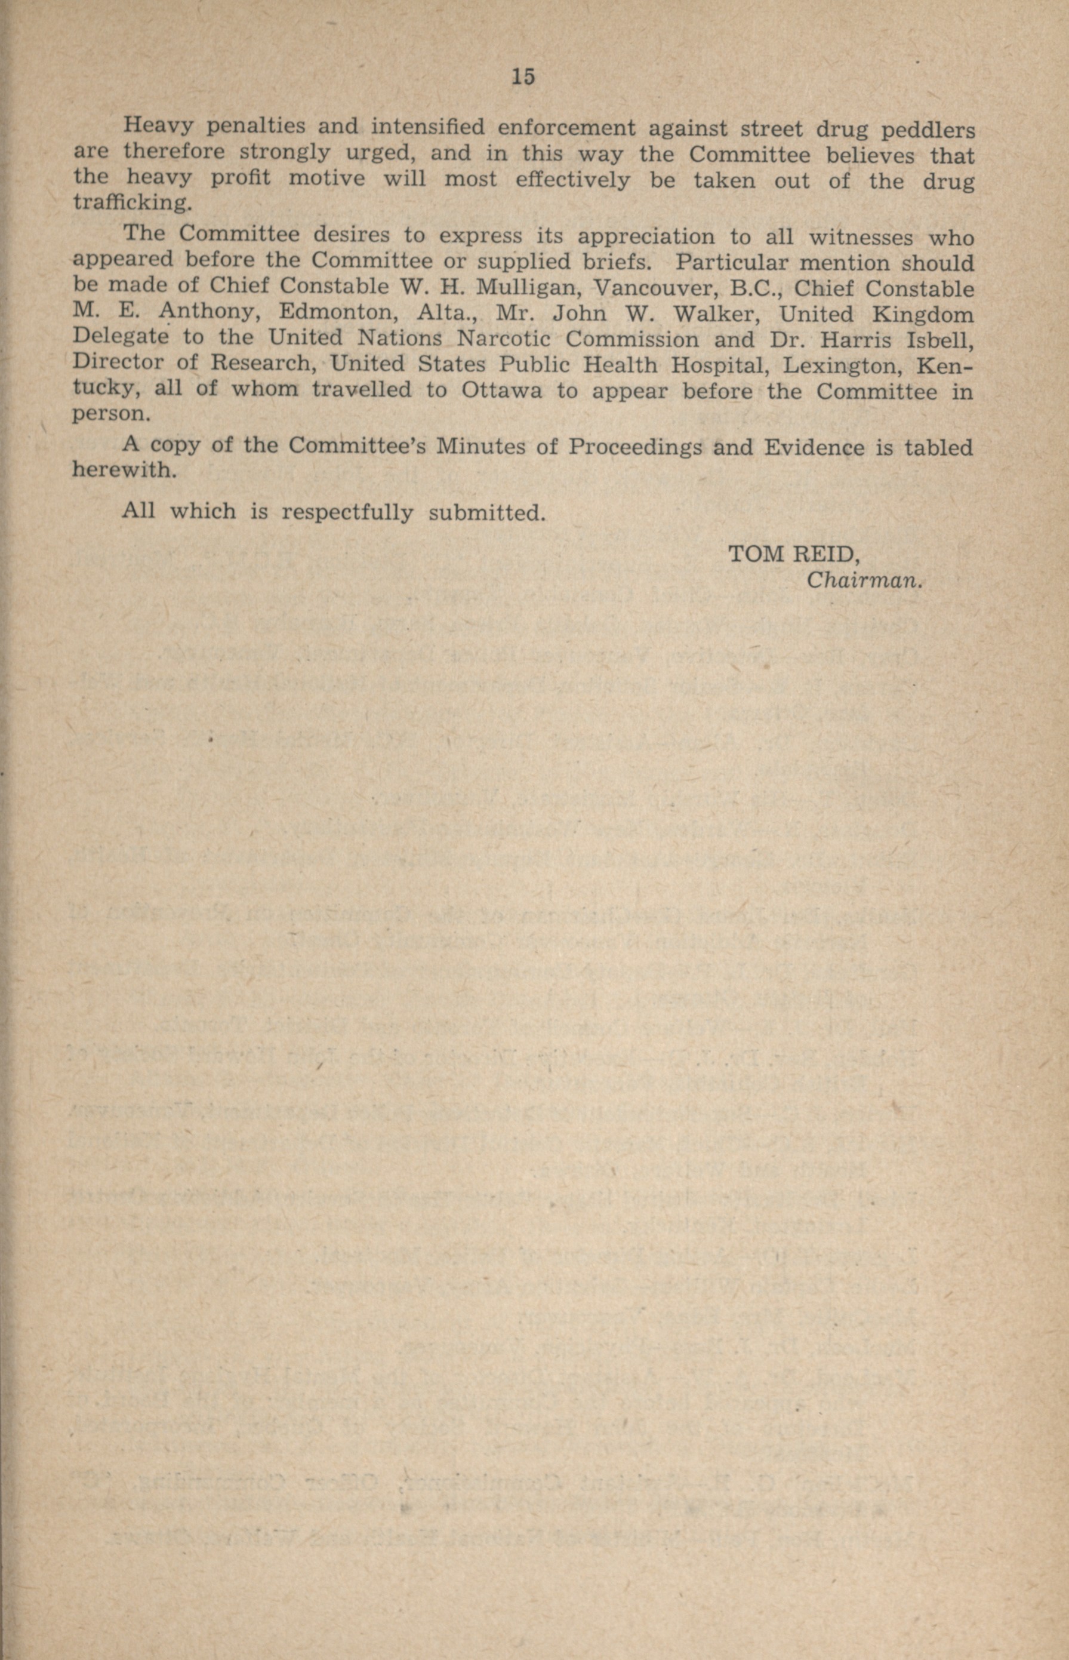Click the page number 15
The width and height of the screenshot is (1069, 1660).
coord(523,76)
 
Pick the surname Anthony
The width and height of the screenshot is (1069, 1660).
coord(208,312)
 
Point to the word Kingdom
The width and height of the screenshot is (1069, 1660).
coord(923,315)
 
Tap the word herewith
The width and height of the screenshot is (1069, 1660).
coord(122,470)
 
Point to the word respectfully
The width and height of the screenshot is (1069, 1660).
coord(347,513)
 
